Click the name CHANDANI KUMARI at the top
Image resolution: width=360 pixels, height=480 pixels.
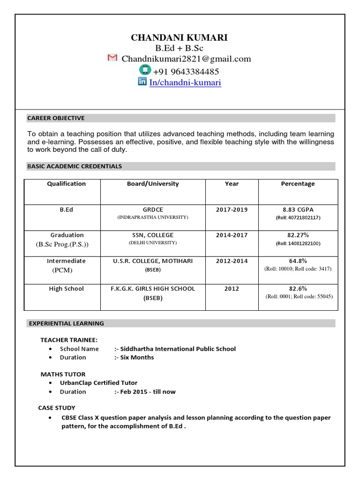point(180,37)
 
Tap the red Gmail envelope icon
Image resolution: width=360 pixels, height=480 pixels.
point(112,58)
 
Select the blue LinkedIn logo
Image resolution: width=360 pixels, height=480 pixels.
point(142,82)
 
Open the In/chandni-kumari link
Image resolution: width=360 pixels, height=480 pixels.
point(185,82)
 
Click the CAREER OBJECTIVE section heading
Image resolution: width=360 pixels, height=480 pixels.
point(56,118)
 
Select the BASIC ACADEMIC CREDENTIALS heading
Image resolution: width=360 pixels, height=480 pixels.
point(75,166)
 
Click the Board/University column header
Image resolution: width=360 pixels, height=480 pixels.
point(153,184)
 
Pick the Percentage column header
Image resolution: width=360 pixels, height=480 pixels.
point(298,184)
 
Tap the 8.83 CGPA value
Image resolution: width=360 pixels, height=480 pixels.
point(298,210)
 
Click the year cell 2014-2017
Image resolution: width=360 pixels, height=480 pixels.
point(232,235)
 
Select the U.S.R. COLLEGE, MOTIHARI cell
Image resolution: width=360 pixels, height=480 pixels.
point(153,261)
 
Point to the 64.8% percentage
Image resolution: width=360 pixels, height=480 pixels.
point(298,261)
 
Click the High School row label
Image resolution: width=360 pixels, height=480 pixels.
point(66,289)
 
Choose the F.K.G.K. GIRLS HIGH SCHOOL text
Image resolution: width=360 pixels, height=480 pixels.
point(153,289)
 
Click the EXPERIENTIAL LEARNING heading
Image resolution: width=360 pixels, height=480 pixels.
point(67,323)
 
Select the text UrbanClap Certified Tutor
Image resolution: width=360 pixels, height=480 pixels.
point(98,383)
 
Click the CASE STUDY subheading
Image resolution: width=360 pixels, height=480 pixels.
point(57,408)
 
